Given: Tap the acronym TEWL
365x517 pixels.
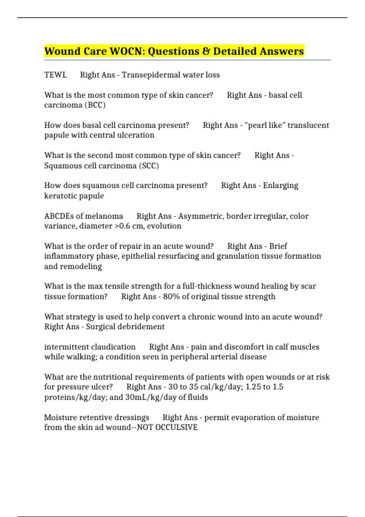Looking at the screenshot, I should (x=55, y=75).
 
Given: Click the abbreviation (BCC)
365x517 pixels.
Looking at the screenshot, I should (x=95, y=105).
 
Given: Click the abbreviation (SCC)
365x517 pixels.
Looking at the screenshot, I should (x=149, y=166).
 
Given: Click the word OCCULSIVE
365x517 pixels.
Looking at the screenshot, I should (x=176, y=427).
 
